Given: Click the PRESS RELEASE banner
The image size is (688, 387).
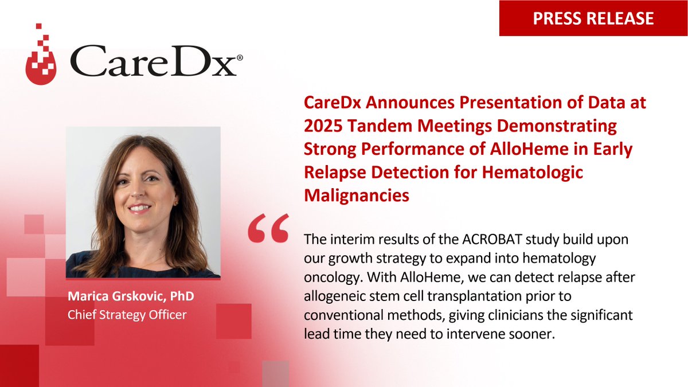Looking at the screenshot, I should pyautogui.click(x=593, y=18).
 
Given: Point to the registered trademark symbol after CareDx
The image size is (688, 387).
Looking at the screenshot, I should pyautogui.click(x=239, y=58).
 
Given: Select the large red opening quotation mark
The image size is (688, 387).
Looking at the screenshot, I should pyautogui.click(x=268, y=230).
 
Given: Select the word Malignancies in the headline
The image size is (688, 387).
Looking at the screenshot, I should pyautogui.click(x=356, y=195).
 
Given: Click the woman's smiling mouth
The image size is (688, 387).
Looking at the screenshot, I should pyautogui.click(x=141, y=208).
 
